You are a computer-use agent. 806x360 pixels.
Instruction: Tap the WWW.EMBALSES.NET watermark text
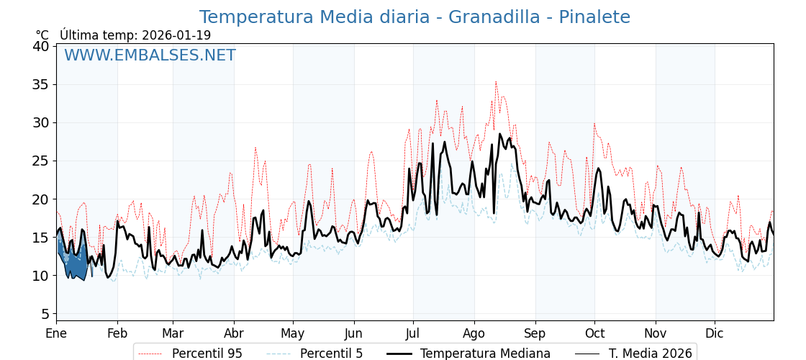point(150,55)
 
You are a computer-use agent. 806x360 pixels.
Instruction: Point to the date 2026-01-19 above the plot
point(176,35)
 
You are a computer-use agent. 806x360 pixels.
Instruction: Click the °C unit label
point(42,35)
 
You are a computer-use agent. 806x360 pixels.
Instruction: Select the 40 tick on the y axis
point(41,46)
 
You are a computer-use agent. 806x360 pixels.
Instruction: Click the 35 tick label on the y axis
point(41,84)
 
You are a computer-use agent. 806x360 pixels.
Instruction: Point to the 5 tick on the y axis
point(45,314)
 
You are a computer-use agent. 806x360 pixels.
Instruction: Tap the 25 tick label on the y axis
point(41,161)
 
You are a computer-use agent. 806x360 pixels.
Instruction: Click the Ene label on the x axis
point(56,334)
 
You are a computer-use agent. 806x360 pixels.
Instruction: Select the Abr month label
point(234,334)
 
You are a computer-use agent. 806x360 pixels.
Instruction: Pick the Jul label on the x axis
point(413,334)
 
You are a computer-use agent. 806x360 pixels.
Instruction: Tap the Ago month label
point(474,334)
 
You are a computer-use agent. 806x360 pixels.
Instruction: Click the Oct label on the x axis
point(594,334)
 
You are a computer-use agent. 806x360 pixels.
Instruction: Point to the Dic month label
point(715,334)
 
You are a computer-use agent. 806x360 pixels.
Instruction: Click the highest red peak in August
point(496,82)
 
